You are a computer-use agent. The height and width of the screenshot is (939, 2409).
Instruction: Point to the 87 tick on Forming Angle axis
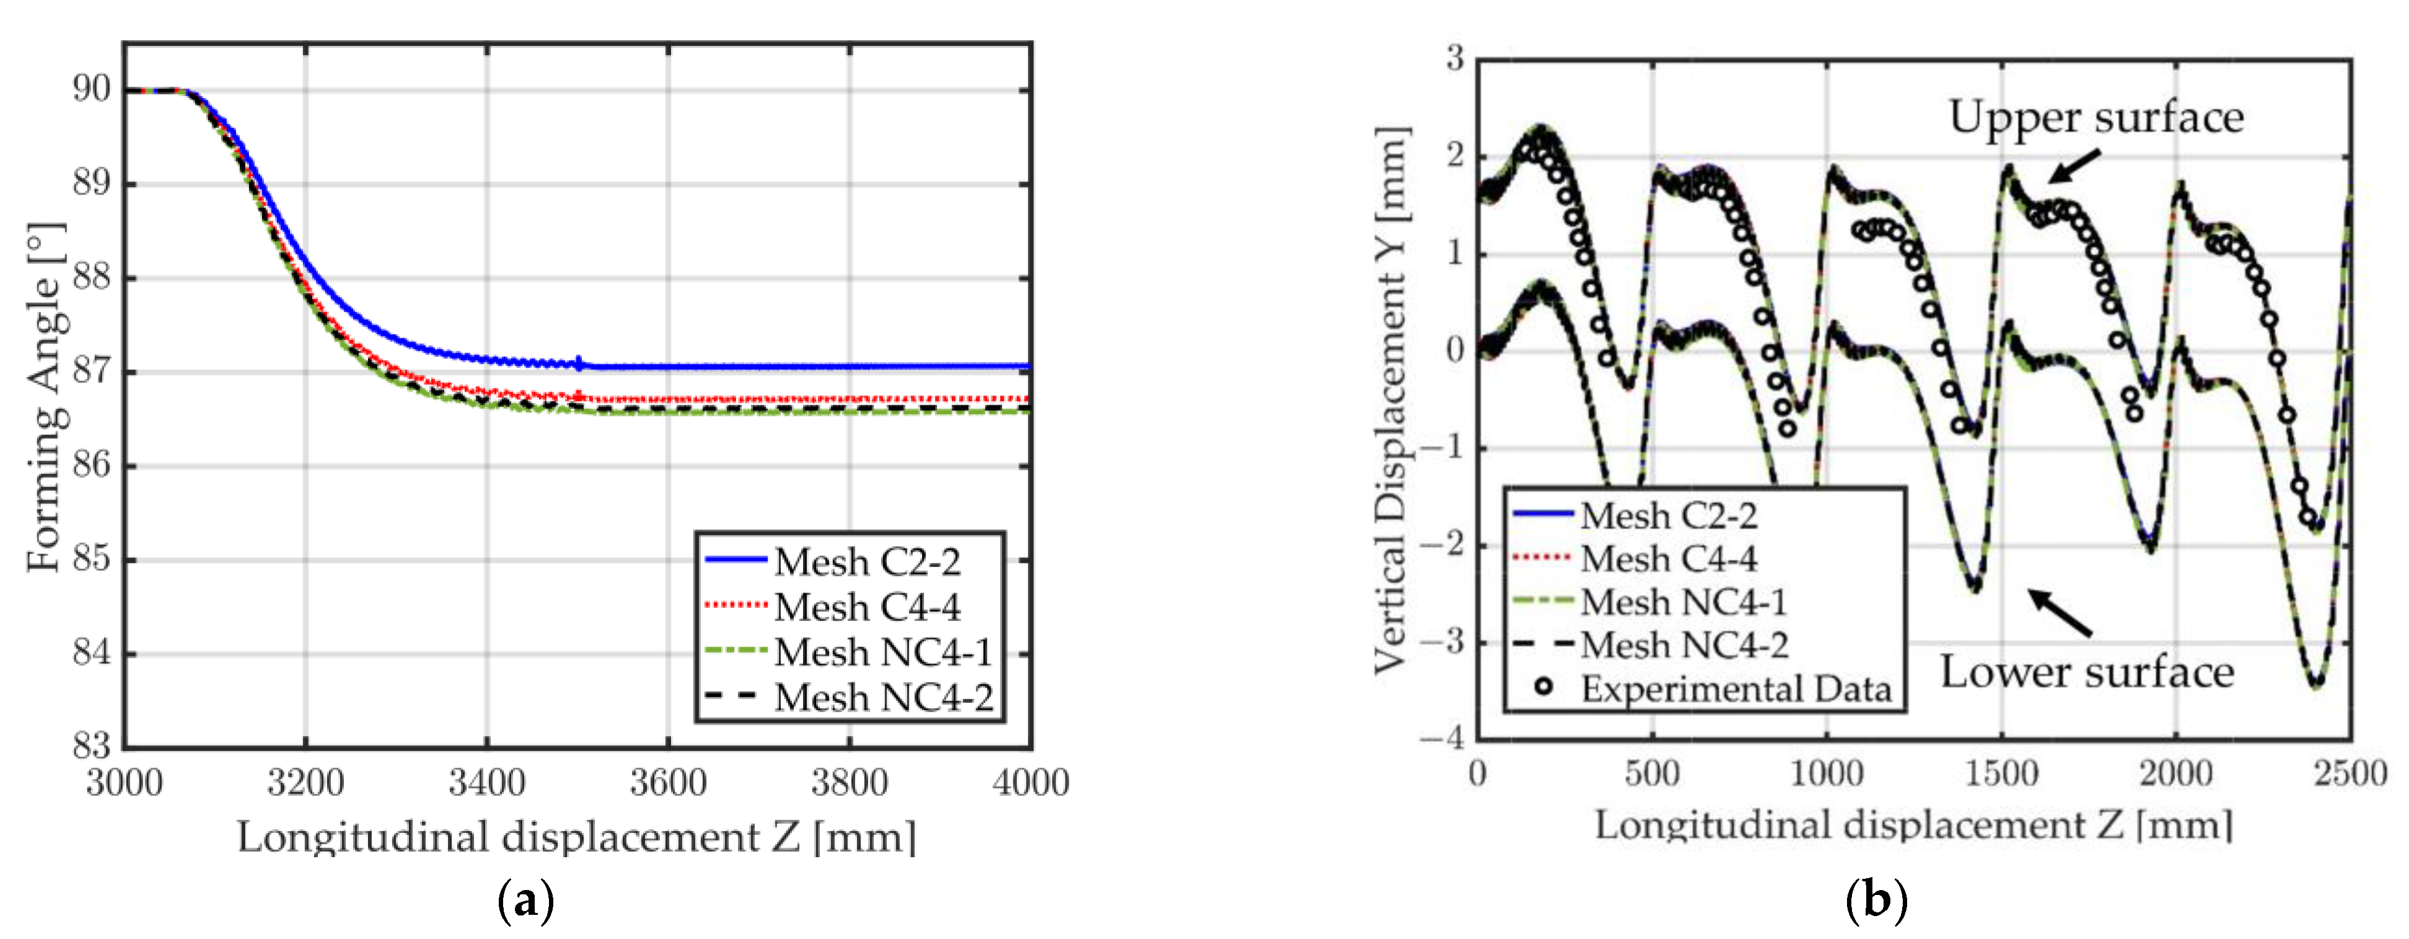pyautogui.click(x=92, y=371)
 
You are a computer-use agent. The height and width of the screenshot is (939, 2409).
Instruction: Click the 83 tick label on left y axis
pyautogui.click(x=92, y=746)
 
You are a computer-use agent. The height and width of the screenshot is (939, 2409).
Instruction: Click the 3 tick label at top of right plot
pyautogui.click(x=1455, y=59)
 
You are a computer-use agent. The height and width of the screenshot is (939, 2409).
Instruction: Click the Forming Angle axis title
pyautogui.click(x=45, y=397)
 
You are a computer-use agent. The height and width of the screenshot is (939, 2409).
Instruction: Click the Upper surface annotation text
pyautogui.click(x=2095, y=118)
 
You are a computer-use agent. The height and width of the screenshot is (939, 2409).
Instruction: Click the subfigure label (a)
pyautogui.click(x=527, y=901)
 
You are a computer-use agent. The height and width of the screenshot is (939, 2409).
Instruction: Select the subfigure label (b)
pyautogui.click(x=1876, y=901)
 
